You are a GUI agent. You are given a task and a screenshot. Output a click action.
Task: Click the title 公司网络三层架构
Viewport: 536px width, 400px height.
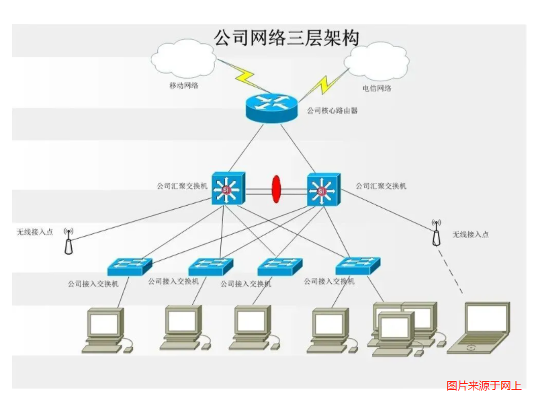(x=285, y=36)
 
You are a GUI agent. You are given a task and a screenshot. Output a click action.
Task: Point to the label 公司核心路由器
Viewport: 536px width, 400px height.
(x=332, y=110)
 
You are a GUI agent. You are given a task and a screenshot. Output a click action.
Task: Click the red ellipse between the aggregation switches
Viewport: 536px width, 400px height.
(x=275, y=189)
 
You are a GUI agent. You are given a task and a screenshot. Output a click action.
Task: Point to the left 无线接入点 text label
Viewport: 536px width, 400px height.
(x=35, y=232)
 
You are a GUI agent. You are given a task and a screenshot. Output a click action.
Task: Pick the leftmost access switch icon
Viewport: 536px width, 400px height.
(x=130, y=266)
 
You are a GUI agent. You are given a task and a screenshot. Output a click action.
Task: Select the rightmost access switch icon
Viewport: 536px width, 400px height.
(x=358, y=265)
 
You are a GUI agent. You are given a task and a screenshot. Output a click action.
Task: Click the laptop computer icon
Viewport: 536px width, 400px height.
(x=482, y=327)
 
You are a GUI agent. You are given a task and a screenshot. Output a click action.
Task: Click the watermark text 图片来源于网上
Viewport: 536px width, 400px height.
(x=484, y=385)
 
